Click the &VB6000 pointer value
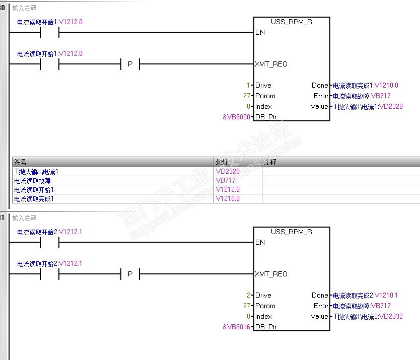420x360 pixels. (237, 117)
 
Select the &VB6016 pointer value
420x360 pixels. (237, 327)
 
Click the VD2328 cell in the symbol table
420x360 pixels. (228, 172)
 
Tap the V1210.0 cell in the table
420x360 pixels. (228, 199)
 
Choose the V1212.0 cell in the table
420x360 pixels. (228, 190)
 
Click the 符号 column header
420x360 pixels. (21, 162)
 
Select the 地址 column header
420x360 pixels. (222, 162)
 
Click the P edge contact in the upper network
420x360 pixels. (130, 64)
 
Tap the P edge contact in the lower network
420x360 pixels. (130, 274)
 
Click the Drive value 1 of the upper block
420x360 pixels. (248, 85)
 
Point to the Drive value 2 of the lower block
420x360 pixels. (248, 295)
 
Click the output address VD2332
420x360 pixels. (390, 316)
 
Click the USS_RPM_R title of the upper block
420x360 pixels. (292, 22)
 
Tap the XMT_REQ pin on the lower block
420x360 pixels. (271, 274)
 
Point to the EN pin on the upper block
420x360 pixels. (260, 33)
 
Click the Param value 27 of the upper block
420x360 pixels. (246, 96)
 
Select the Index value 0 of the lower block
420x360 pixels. (248, 316)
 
